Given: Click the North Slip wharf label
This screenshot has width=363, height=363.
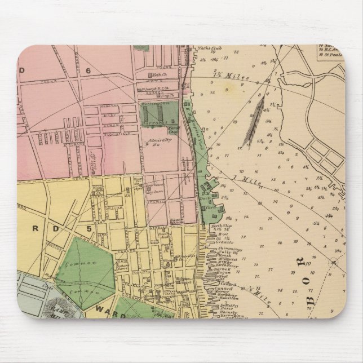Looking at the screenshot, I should coord(218,226).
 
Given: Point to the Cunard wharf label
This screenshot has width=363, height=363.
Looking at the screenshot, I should coord(222,289).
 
